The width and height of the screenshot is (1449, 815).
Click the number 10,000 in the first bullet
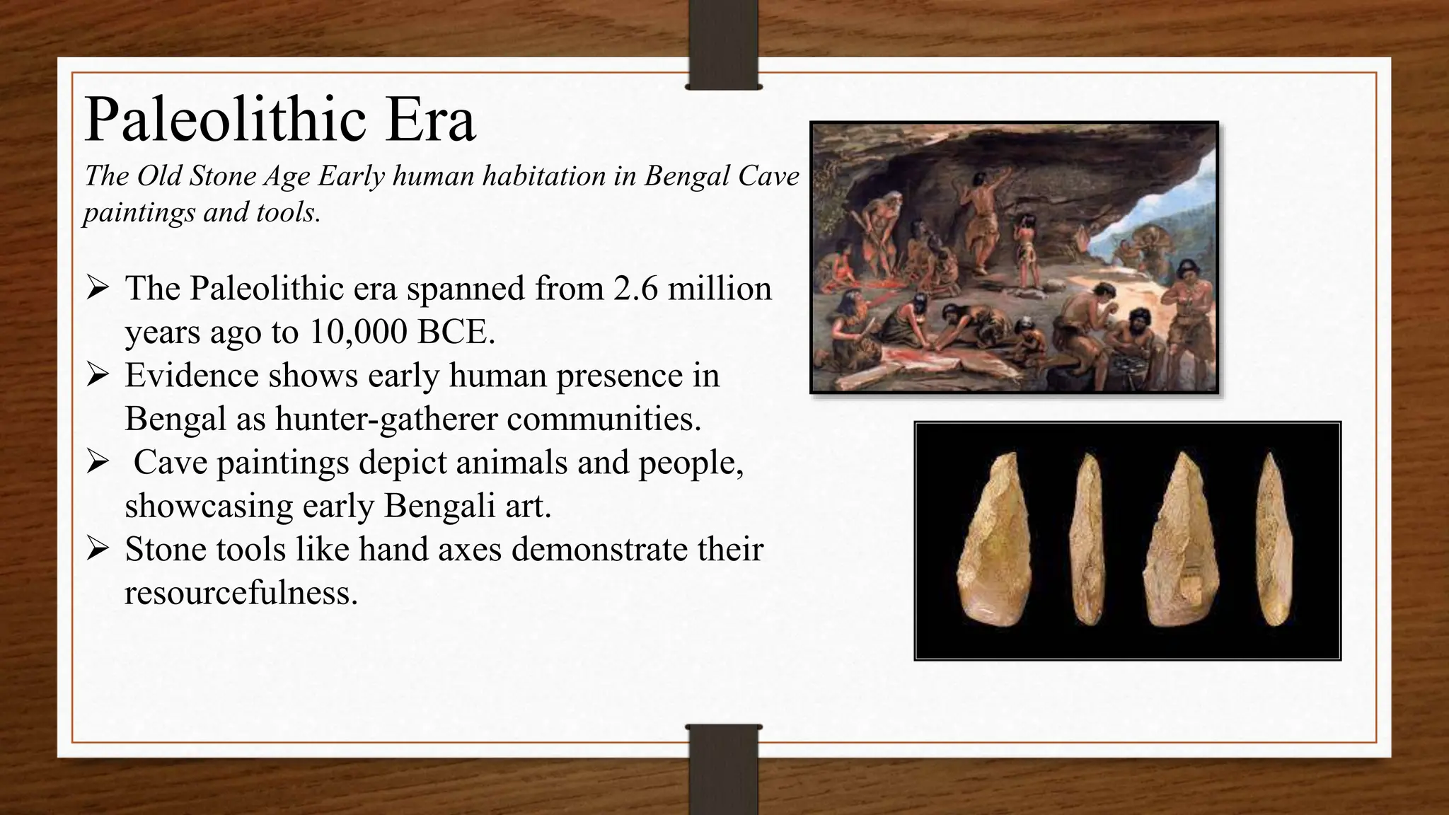358,332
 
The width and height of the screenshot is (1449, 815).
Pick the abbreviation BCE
456,332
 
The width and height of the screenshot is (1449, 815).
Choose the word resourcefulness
241,593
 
